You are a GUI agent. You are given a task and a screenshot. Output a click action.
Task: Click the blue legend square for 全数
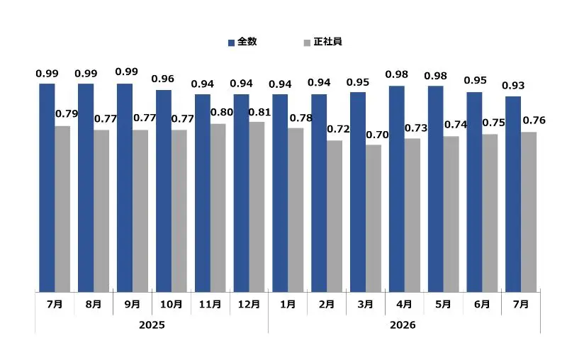coord(232,43)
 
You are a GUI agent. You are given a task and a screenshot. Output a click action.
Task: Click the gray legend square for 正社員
coord(307,43)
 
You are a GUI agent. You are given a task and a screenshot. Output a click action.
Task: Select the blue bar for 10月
coord(164,191)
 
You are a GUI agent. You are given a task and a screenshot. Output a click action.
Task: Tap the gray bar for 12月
coord(257,207)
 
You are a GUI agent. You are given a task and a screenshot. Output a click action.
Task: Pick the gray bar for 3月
coord(374,218)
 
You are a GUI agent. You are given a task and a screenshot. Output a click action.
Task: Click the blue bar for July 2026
coord(513,194)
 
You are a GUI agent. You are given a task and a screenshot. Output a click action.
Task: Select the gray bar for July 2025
coord(62,209)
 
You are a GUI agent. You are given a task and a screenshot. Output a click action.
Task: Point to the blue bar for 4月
coord(397,189)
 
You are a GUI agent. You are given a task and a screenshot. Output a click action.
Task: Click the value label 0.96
coord(163,79)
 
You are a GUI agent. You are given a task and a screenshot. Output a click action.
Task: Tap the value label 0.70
coord(377,135)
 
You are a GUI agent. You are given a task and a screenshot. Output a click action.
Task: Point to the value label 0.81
coord(259,113)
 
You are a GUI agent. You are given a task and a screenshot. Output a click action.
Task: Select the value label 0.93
coord(513,86)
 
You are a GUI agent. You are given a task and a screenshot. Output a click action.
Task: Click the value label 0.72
coord(339,129)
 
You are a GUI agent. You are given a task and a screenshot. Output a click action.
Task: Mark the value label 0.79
coord(67,114)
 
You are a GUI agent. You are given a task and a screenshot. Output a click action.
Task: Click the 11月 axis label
coord(210,304)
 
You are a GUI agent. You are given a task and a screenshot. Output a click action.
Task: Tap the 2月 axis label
coord(327,304)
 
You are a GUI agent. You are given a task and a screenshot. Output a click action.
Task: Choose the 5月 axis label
coord(443,304)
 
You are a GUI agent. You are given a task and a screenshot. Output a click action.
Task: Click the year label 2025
coord(152,325)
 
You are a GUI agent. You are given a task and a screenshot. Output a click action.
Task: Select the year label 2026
coord(403,325)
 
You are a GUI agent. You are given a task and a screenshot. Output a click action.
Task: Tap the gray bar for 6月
coord(490,213)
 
